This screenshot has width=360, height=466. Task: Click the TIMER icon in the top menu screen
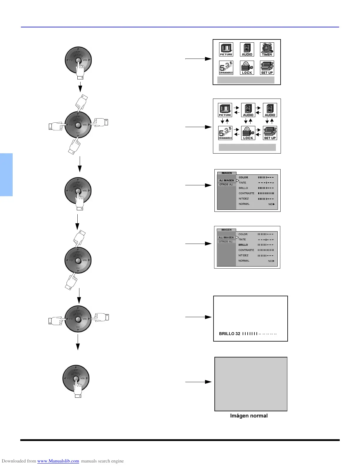click(267, 49)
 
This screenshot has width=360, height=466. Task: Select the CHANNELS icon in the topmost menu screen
click(226, 68)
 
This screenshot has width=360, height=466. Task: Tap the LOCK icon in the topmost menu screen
click(247, 68)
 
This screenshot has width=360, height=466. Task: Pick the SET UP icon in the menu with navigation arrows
click(270, 133)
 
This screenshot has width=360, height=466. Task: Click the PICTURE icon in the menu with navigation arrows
click(225, 110)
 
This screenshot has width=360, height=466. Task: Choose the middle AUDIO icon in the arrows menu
click(248, 110)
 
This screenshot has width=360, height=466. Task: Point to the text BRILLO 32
click(229, 334)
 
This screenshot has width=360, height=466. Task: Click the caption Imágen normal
click(249, 416)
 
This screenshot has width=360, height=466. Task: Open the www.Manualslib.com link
click(58, 461)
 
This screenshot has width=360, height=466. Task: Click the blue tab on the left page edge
click(6, 174)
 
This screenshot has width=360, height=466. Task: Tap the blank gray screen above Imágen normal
click(251, 384)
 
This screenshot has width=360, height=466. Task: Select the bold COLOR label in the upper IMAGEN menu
click(243, 177)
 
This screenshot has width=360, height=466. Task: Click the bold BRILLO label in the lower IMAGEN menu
click(243, 245)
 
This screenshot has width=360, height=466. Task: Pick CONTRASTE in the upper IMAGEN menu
click(246, 193)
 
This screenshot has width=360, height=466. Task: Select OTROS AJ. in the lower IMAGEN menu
click(226, 242)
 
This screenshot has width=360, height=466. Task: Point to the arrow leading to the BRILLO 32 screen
click(198, 317)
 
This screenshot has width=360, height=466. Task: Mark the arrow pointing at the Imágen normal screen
click(198, 382)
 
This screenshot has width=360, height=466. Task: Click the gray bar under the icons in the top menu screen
click(246, 80)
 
